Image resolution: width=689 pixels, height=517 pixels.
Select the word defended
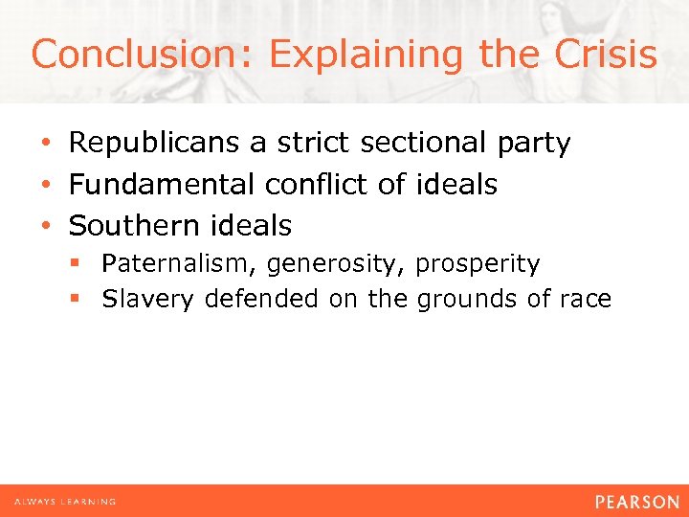[261, 300]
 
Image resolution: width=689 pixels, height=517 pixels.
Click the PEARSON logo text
[635, 502]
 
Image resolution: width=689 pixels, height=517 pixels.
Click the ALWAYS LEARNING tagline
[64, 502]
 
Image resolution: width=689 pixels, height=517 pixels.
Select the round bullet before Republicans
[46, 145]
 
